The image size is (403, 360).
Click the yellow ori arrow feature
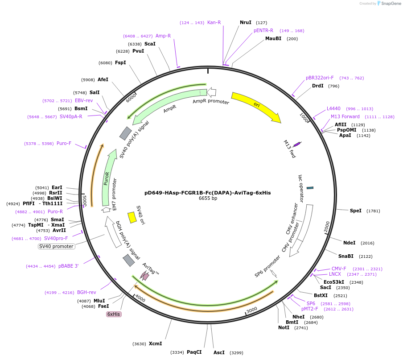(256, 106)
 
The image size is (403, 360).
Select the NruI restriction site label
(246, 22)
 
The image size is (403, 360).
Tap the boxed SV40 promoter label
(56, 246)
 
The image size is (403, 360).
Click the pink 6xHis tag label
(114, 314)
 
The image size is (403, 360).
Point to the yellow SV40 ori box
(132, 217)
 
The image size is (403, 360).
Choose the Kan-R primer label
(214, 22)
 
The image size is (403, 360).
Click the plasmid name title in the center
(208, 193)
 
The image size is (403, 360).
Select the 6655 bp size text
(208, 199)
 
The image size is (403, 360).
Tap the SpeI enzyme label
(356, 211)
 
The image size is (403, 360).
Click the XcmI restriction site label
(156, 343)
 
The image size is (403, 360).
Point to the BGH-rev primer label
(86, 292)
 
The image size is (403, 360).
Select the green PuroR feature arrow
(106, 178)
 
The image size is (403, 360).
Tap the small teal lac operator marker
(310, 188)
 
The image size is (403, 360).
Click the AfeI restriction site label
(103, 79)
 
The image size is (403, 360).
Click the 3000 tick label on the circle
(252, 310)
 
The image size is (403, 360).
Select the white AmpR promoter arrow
(212, 92)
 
